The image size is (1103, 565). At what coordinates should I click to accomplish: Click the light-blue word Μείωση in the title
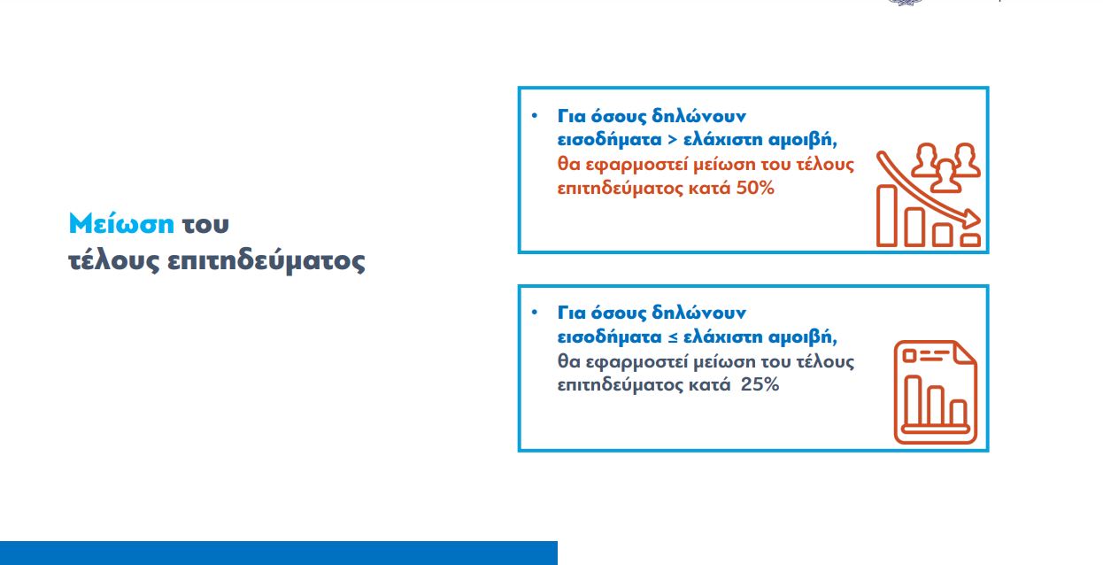point(121,223)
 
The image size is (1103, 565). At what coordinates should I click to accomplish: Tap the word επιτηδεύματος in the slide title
point(266,261)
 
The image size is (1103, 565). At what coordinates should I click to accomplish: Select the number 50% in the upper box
point(755,188)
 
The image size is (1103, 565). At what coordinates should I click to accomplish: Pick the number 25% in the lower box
point(760,384)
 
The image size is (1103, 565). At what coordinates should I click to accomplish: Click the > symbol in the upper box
point(672,140)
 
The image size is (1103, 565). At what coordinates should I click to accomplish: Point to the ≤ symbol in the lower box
point(673,337)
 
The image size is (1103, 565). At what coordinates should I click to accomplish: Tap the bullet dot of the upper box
point(535,116)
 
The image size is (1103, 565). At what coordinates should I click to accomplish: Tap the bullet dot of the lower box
point(535,313)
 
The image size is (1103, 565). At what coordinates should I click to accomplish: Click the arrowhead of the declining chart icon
point(971,220)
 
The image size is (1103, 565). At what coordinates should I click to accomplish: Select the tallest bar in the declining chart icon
point(887,215)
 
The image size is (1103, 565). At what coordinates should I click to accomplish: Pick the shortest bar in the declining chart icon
point(970,240)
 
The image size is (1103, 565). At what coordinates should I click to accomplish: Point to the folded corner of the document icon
point(964,352)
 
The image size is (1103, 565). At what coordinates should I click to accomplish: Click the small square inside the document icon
point(909,356)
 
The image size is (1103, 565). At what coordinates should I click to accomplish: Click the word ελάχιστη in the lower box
point(723,337)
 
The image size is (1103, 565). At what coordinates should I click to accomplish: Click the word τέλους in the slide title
point(114,261)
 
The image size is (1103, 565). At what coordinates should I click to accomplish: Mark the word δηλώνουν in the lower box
point(698,313)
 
